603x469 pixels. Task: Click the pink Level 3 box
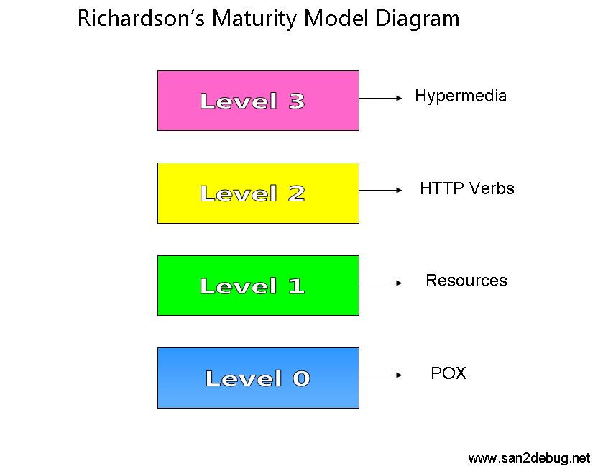(x=258, y=101)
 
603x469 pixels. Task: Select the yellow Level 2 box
(x=258, y=193)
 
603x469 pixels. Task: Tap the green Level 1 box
(x=258, y=286)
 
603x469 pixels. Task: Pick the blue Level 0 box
(x=258, y=378)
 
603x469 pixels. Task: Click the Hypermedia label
(x=461, y=96)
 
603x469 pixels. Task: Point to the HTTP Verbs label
(x=467, y=188)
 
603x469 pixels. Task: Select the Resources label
(x=466, y=281)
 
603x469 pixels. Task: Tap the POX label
(x=448, y=373)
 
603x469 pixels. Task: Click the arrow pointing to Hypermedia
(x=380, y=98)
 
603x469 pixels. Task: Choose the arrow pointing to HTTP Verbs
(x=380, y=190)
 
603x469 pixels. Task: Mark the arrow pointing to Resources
(x=380, y=283)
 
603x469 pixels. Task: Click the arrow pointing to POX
(x=380, y=375)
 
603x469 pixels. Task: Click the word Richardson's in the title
(x=141, y=18)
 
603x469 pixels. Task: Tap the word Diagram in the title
(x=418, y=19)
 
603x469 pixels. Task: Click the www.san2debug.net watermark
(x=529, y=458)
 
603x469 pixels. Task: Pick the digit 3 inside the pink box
(x=297, y=101)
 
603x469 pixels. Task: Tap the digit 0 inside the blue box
(x=301, y=378)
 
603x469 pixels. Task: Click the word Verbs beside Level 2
(x=492, y=188)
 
